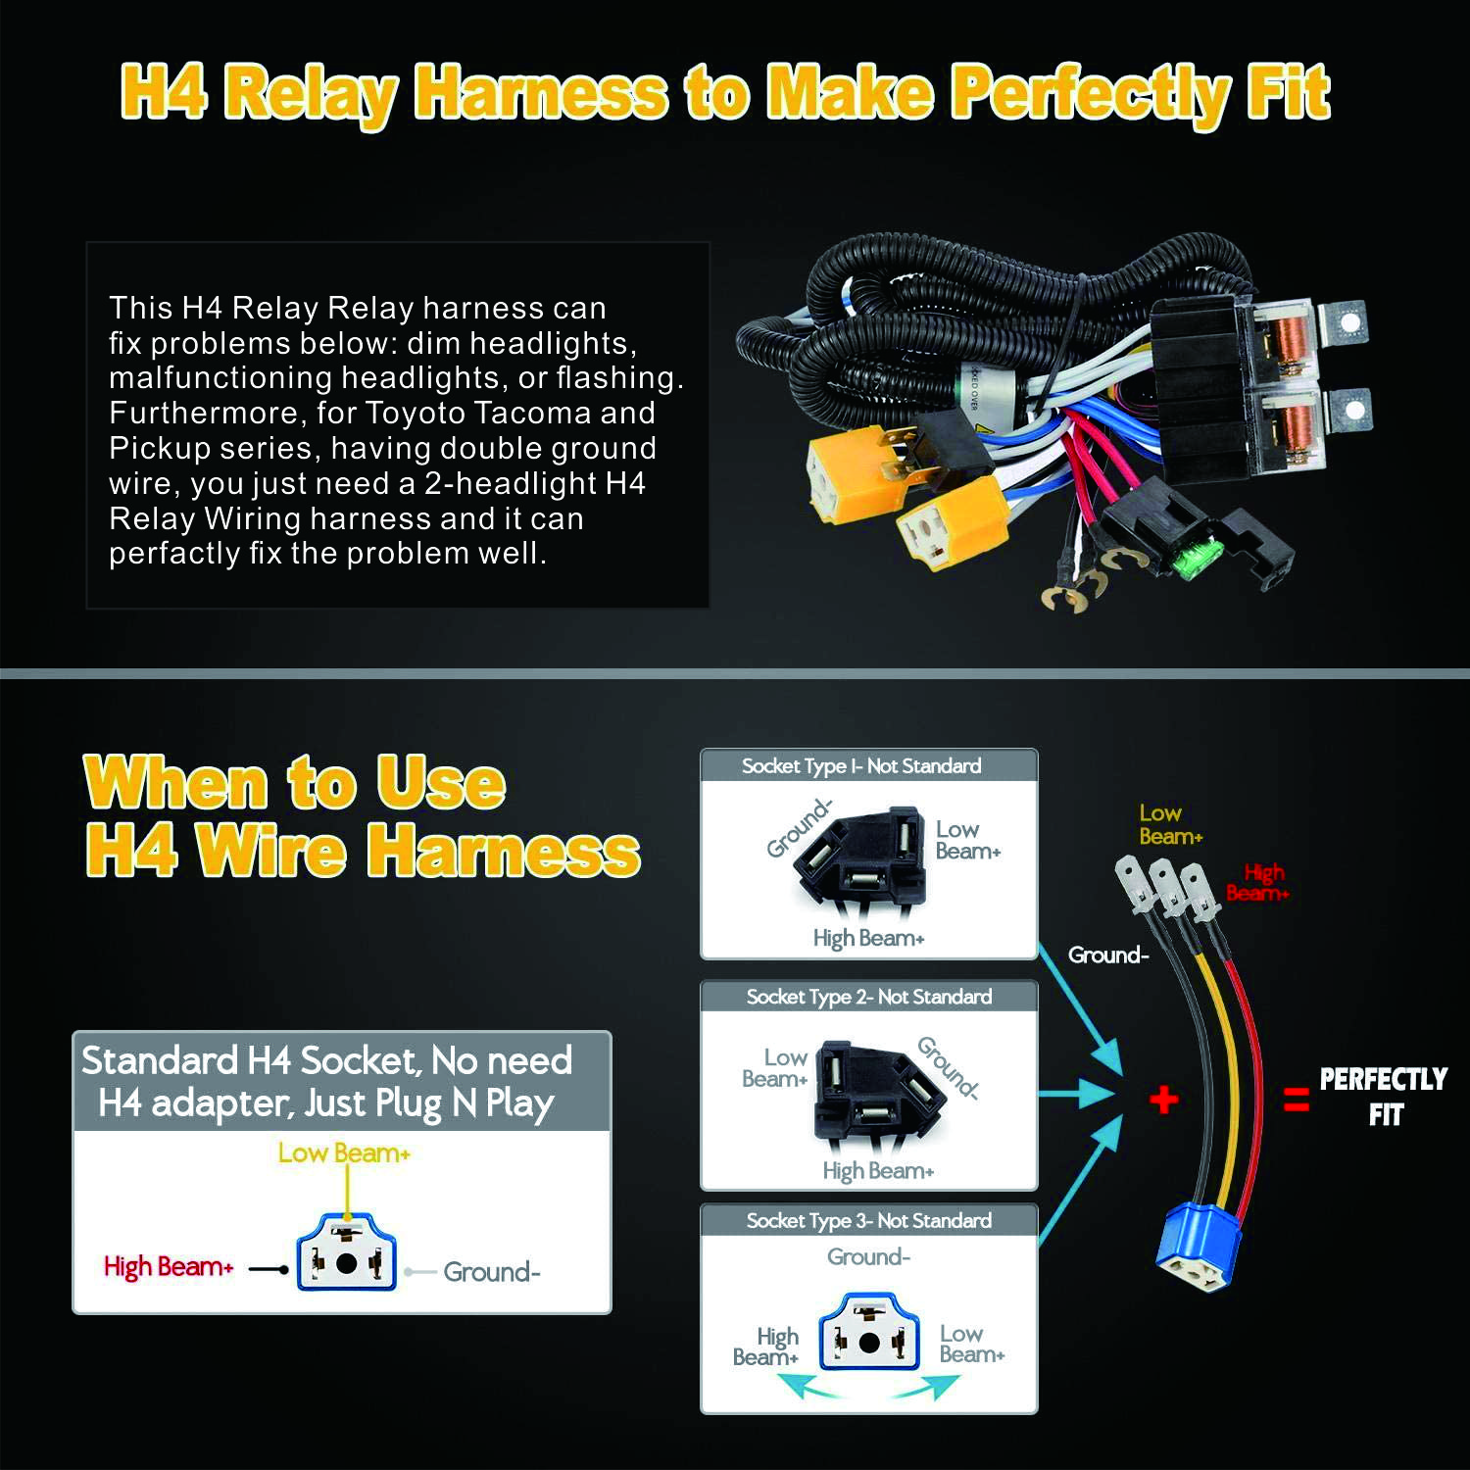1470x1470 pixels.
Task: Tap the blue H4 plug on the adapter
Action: point(1199,1249)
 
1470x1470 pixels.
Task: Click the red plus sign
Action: point(1163,1100)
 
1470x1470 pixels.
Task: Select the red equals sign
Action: point(1296,1101)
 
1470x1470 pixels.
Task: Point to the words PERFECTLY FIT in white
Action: point(1383,1097)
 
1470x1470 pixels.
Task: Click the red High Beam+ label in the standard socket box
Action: point(169,1267)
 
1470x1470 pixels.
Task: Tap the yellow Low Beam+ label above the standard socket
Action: point(344,1153)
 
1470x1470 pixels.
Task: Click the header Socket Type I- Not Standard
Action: point(861,766)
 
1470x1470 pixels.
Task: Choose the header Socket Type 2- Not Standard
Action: point(869,998)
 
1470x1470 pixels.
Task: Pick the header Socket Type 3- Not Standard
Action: point(869,1221)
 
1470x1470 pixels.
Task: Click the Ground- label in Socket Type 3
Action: point(869,1257)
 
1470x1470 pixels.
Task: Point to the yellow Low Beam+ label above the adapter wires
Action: point(1170,825)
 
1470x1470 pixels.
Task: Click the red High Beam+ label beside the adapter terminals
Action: point(1258,883)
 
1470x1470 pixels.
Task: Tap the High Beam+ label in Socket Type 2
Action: point(878,1171)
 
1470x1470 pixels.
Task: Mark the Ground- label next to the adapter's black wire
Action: point(1107,955)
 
